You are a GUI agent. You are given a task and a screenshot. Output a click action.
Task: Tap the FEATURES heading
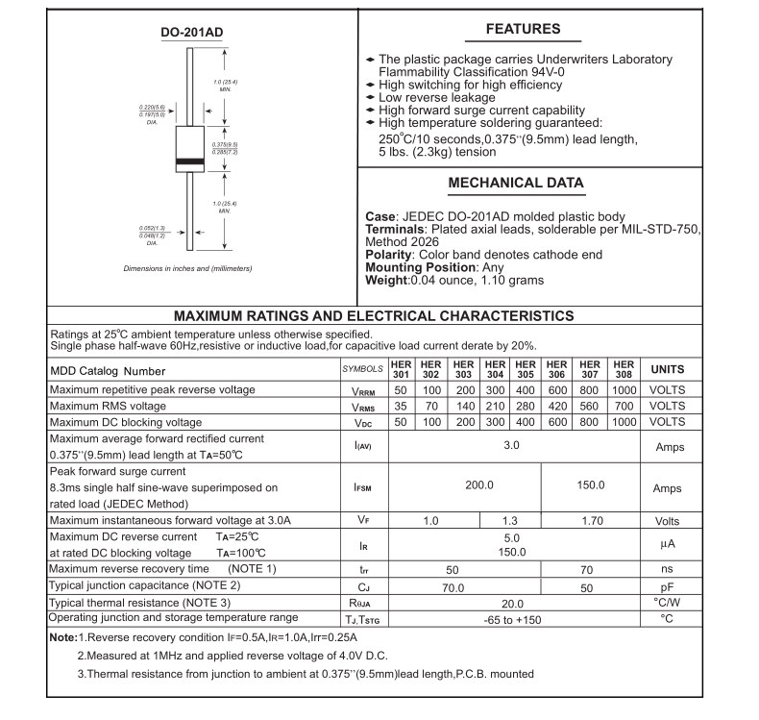pos(523,29)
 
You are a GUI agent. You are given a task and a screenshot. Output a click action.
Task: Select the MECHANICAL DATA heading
pos(516,183)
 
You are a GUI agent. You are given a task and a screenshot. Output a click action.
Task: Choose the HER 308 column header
pos(624,369)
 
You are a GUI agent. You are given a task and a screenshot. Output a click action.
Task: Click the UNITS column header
pos(668,369)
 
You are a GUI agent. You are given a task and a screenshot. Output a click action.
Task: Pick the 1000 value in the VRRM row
pos(624,390)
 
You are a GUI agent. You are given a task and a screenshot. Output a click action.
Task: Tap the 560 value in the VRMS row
pos(590,407)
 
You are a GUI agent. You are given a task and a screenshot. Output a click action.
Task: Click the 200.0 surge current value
pos(478,484)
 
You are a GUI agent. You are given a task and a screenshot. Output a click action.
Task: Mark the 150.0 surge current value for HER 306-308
pos(590,484)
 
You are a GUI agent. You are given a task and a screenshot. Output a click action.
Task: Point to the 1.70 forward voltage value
pos(590,521)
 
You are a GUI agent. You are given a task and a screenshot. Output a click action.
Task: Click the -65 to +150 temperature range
pos(512,620)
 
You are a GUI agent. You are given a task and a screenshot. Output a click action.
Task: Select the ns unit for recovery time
pos(668,569)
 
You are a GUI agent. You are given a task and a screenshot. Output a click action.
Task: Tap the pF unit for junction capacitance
pos(668,585)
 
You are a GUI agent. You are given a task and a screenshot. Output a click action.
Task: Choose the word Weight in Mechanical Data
pos(386,281)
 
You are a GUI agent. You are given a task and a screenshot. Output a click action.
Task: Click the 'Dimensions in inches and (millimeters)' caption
pos(188,268)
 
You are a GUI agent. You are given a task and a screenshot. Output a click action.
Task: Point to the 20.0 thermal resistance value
pos(511,603)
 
